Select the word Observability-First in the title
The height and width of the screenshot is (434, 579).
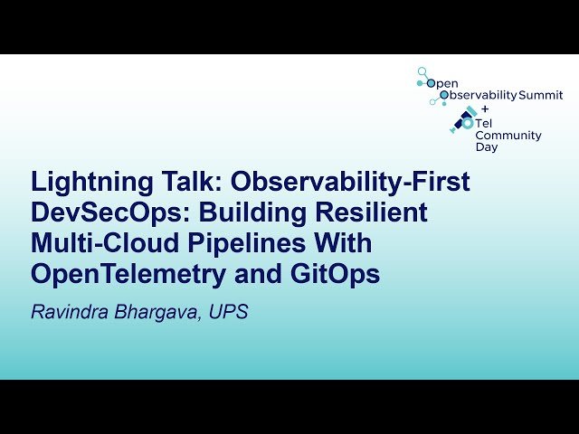tap(351, 183)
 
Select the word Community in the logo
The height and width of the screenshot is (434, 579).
tap(508, 136)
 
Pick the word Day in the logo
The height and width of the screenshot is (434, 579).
tap(486, 147)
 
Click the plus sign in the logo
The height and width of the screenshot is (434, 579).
tap(484, 108)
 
